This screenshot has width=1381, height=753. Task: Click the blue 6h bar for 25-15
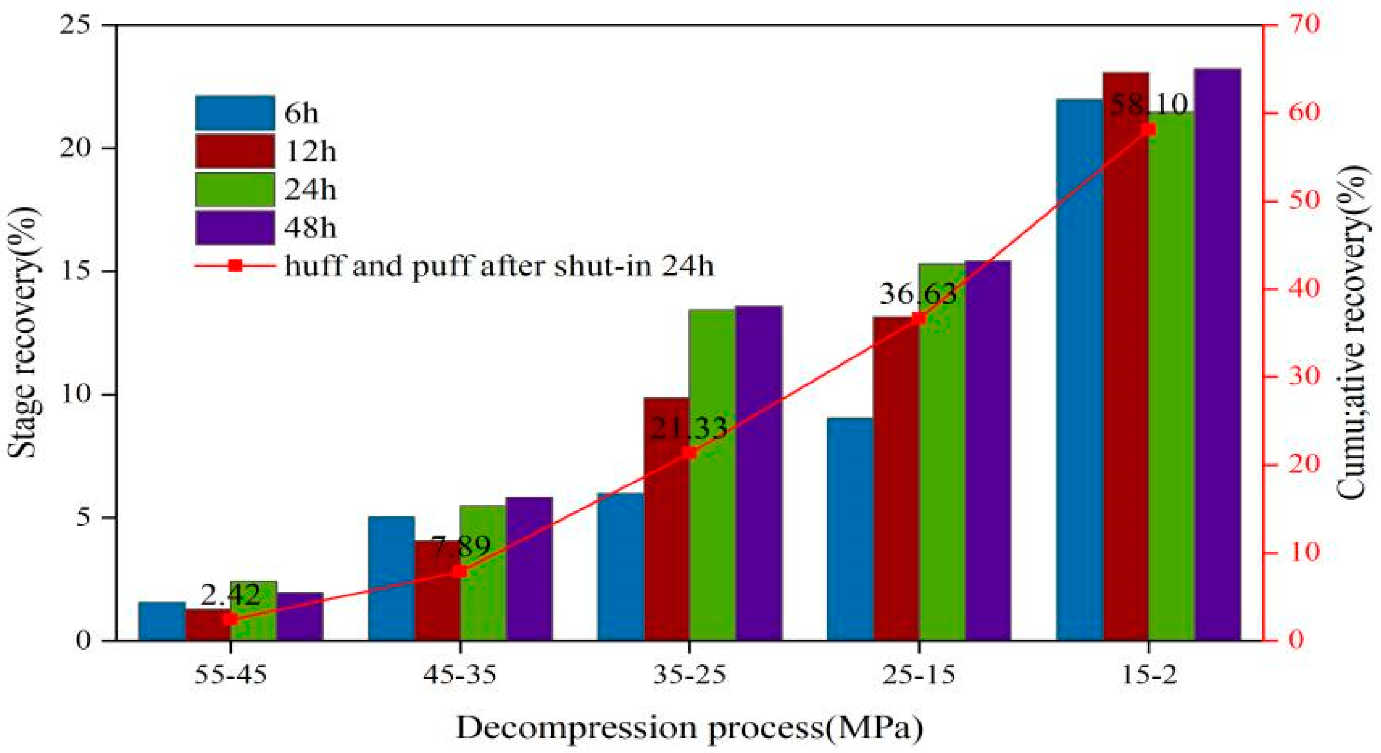click(x=850, y=529)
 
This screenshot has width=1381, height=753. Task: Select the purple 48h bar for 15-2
click(x=1217, y=354)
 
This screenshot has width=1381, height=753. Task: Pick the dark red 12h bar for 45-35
click(x=437, y=591)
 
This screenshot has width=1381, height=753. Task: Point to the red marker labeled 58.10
click(x=1148, y=130)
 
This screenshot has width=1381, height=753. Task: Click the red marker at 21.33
click(x=689, y=453)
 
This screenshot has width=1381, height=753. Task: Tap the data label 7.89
click(x=460, y=546)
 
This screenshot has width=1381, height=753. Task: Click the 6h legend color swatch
click(x=235, y=113)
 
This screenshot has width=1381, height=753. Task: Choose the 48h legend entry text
click(x=310, y=228)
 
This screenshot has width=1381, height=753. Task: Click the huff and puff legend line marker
click(x=235, y=266)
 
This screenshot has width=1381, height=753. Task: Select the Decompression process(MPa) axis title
click(x=689, y=728)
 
